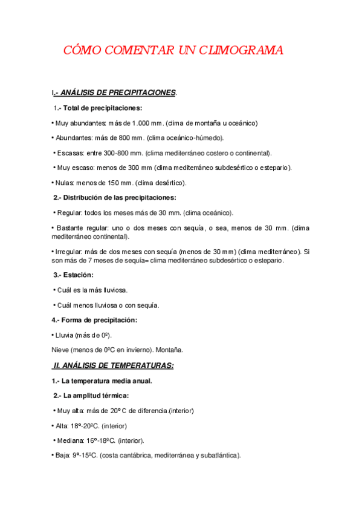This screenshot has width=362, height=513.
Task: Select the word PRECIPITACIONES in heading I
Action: [x=142, y=93]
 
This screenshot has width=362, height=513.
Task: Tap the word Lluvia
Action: [x=65, y=335]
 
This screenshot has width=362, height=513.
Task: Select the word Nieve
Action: [x=60, y=350]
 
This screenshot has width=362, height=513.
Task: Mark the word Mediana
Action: [x=71, y=440]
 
